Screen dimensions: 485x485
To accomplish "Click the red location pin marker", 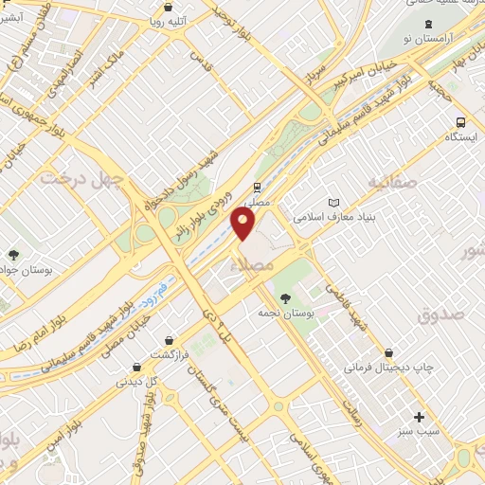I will [244, 225].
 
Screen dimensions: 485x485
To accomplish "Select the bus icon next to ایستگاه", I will [460, 122].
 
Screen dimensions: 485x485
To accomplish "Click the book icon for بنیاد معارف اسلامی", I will [332, 203].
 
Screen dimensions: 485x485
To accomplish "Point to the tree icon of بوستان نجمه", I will [286, 299].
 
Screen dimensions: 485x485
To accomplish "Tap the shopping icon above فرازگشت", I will [169, 340].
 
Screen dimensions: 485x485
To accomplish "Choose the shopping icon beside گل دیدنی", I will [138, 366].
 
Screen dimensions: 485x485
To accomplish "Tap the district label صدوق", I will [440, 314].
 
